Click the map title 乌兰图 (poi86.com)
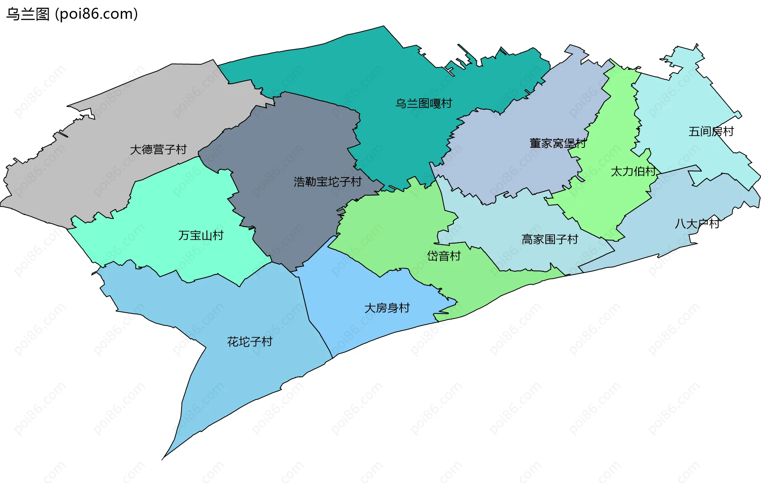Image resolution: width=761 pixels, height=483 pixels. [x=72, y=14]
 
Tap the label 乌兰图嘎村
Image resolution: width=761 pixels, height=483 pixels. [x=423, y=103]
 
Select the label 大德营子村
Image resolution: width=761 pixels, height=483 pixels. [x=158, y=149]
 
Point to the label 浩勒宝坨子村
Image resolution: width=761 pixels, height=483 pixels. [x=327, y=182]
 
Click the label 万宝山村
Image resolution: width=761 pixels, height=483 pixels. [x=201, y=235]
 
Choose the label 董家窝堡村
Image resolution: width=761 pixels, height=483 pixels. [x=557, y=143]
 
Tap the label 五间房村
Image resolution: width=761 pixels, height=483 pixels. [x=711, y=131]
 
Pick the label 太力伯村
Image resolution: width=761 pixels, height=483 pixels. [x=633, y=171]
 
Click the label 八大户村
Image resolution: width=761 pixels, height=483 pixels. [x=697, y=223]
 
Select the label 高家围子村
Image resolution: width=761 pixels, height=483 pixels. [x=549, y=239]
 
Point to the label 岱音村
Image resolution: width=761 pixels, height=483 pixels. [x=444, y=256]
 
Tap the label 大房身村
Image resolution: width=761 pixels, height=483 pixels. [x=387, y=308]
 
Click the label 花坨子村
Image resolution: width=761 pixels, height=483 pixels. [x=250, y=342]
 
